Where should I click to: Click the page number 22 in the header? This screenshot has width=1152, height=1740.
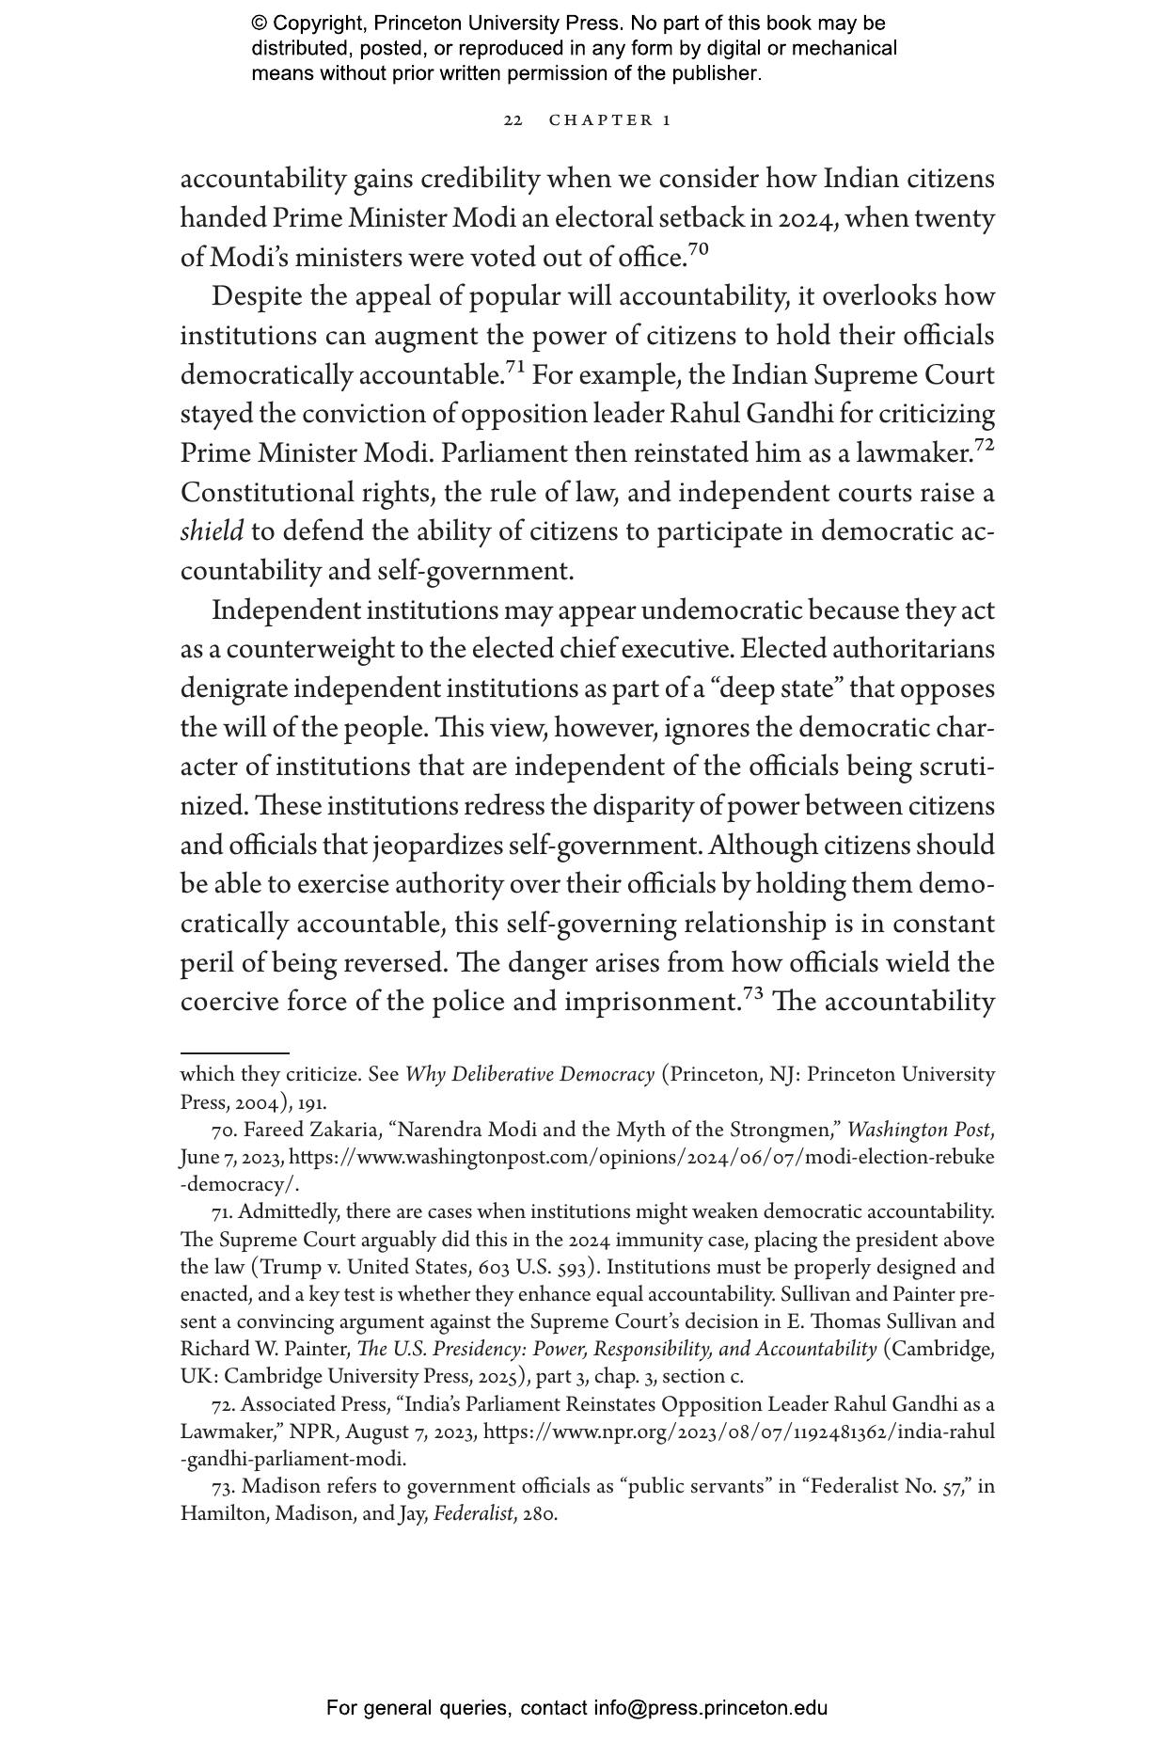pyautogui.click(x=513, y=120)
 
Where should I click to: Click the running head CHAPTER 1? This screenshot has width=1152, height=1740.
pyautogui.click(x=610, y=120)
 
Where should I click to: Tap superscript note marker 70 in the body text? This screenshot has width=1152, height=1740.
pyautogui.click(x=699, y=249)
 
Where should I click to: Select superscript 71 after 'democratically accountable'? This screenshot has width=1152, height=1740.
pyautogui.click(x=515, y=367)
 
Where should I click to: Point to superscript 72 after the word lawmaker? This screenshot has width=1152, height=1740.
pyautogui.click(x=984, y=445)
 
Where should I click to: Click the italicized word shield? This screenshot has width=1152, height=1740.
pyautogui.click(x=212, y=532)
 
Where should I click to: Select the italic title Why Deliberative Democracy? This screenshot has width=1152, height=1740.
pyautogui.click(x=529, y=1075)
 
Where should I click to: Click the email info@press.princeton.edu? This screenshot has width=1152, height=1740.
pyautogui.click(x=710, y=1708)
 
